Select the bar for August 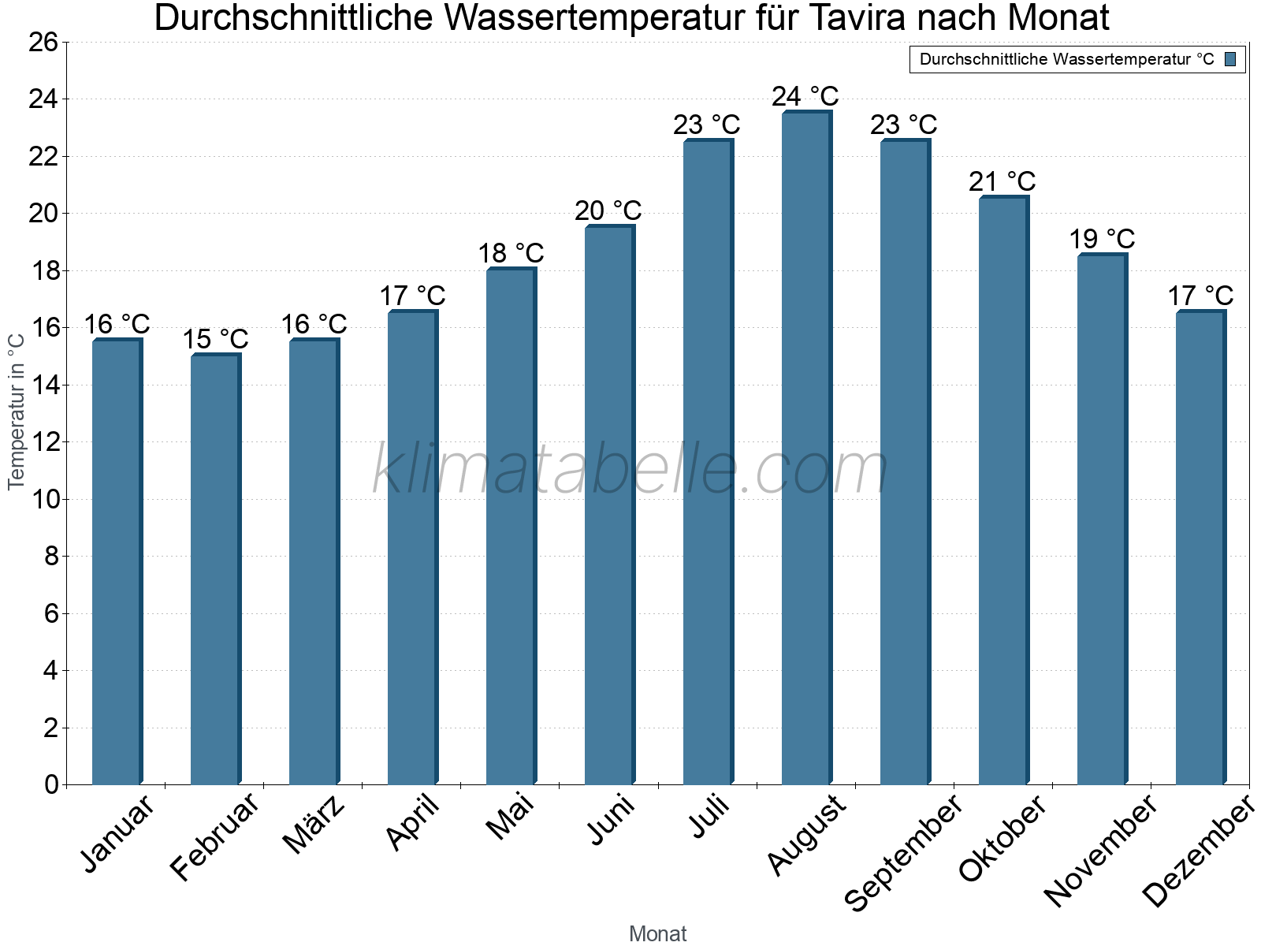(x=806, y=449)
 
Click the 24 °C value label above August (x=805, y=96)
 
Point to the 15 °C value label (x=215, y=340)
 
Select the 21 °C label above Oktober (x=1002, y=182)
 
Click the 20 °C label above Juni (x=608, y=210)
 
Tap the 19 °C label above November (x=1101, y=239)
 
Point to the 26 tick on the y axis (x=43, y=42)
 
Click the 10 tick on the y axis (x=43, y=499)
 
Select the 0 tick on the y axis (x=51, y=784)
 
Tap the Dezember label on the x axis (x=1198, y=851)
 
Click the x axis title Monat (x=657, y=933)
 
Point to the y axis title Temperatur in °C (x=17, y=412)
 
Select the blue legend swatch (x=1230, y=59)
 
